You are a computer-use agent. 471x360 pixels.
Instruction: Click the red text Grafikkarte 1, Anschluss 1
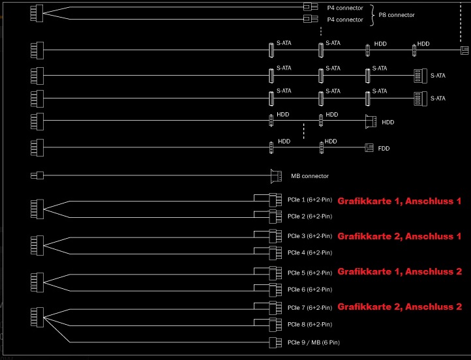pyautogui.click(x=399, y=202)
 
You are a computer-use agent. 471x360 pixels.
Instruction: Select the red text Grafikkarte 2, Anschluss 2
pyautogui.click(x=399, y=307)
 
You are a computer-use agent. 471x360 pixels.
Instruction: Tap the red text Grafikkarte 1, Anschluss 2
pyautogui.click(x=399, y=271)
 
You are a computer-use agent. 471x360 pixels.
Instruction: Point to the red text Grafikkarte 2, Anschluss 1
pyautogui.click(x=399, y=236)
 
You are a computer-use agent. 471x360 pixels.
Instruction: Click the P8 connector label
pyautogui.click(x=397, y=14)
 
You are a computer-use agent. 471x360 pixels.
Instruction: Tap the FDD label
pyautogui.click(x=384, y=148)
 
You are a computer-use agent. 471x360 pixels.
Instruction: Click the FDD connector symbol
pyautogui.click(x=369, y=148)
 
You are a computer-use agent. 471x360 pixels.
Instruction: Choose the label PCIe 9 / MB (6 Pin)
pyautogui.click(x=313, y=342)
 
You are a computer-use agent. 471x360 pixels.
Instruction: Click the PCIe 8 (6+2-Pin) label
pyautogui.click(x=310, y=324)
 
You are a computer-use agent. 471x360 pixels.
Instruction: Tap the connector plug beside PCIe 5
pyautogui.click(x=274, y=272)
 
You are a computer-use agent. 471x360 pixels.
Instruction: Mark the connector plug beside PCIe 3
pyautogui.click(x=274, y=236)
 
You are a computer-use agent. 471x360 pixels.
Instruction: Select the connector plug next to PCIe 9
pyautogui.click(x=275, y=342)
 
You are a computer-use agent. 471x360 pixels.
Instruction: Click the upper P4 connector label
pyautogui.click(x=344, y=8)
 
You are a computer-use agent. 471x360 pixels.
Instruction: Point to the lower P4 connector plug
pyautogui.click(x=308, y=20)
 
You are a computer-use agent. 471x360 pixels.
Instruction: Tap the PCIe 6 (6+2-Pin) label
pyautogui.click(x=310, y=289)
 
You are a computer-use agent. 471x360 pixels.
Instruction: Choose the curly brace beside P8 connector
pyautogui.click(x=373, y=14)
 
